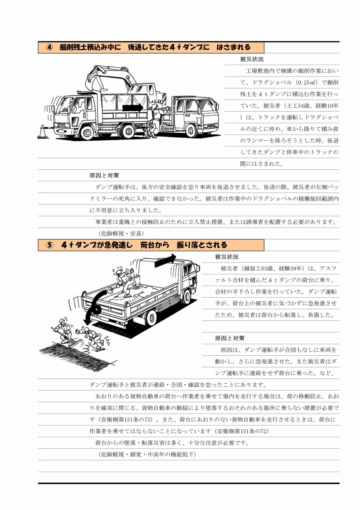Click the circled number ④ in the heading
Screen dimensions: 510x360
click(x=49, y=47)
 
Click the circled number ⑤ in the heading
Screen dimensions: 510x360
click(x=49, y=245)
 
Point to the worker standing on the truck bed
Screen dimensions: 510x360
click(x=125, y=282)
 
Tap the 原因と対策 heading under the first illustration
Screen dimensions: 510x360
click(x=104, y=175)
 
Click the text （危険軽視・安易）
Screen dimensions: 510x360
click(x=121, y=233)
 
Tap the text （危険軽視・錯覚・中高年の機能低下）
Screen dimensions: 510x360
click(x=147, y=454)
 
